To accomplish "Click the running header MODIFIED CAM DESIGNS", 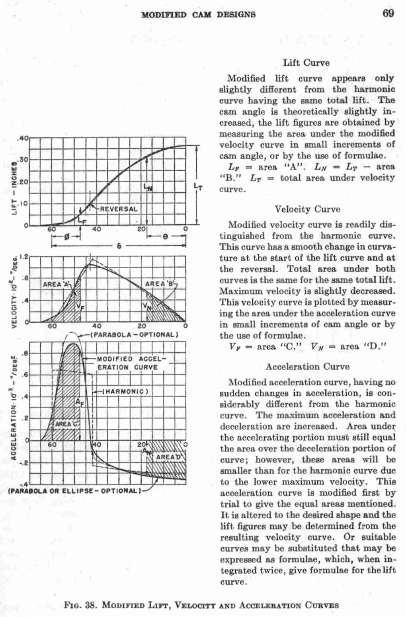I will (x=199, y=15).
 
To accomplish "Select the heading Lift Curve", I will (x=306, y=63).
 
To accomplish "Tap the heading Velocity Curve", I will (x=308, y=209).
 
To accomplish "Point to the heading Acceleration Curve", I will (x=308, y=367).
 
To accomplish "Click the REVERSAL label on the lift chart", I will (x=118, y=209).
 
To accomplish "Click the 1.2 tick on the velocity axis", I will (x=23, y=257).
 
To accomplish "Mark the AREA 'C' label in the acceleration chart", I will (x=66, y=424).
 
